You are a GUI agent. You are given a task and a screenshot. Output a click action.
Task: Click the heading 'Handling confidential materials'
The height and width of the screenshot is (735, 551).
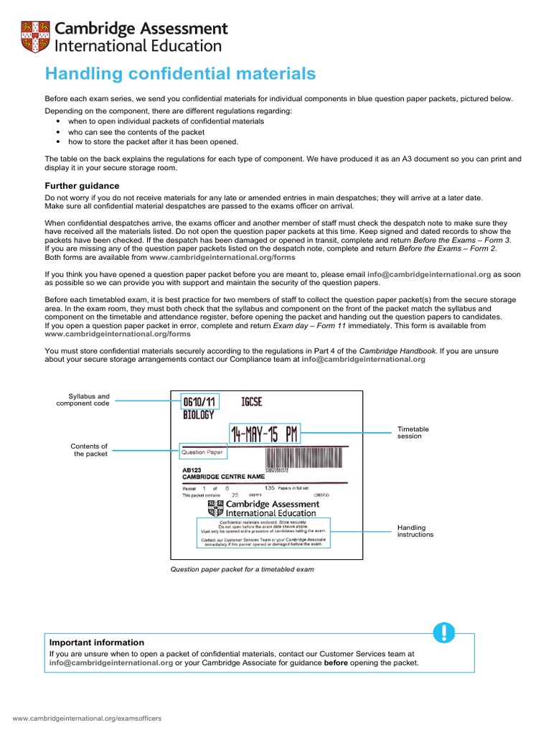tap(180, 74)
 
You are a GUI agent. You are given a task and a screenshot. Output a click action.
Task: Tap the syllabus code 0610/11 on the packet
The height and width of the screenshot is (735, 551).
tap(199, 402)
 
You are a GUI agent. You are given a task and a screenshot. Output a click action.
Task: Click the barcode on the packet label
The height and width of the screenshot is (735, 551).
tap(306, 458)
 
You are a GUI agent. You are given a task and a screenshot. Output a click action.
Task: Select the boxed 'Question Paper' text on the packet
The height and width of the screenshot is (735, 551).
tap(202, 453)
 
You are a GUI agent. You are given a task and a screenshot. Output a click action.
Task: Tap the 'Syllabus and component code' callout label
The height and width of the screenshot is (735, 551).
tap(84, 400)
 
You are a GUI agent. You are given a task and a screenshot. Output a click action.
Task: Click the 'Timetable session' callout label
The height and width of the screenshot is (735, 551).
tap(413, 433)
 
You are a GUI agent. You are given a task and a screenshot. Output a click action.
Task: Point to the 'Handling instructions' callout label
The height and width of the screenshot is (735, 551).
tap(416, 531)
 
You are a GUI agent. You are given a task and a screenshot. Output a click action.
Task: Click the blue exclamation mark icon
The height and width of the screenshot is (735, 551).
tap(444, 632)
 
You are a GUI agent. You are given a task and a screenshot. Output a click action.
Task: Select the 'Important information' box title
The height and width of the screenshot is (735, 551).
tap(96, 642)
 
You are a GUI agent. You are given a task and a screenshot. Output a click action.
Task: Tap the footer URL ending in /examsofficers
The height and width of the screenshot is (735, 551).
tap(88, 718)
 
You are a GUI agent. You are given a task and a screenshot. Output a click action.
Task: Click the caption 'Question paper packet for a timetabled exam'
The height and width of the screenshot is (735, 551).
tap(241, 569)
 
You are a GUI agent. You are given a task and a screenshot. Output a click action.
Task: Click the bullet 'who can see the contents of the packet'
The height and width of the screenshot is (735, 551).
tap(136, 132)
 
